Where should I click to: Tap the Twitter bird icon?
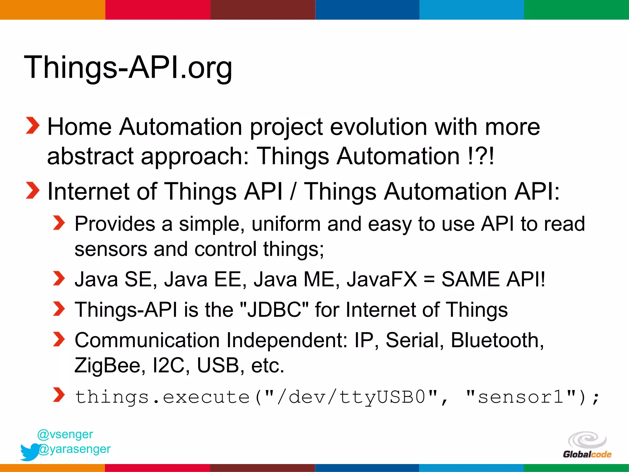point(30,452)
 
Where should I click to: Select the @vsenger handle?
point(65,434)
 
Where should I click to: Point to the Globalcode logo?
point(587,445)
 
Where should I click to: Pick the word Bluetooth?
point(497,340)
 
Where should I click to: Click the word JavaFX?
point(382,279)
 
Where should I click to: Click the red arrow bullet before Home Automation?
point(32,126)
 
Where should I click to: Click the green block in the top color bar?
point(576,10)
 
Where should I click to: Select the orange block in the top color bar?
point(52,10)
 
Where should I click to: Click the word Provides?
point(115,224)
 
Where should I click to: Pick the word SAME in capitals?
point(471,279)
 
